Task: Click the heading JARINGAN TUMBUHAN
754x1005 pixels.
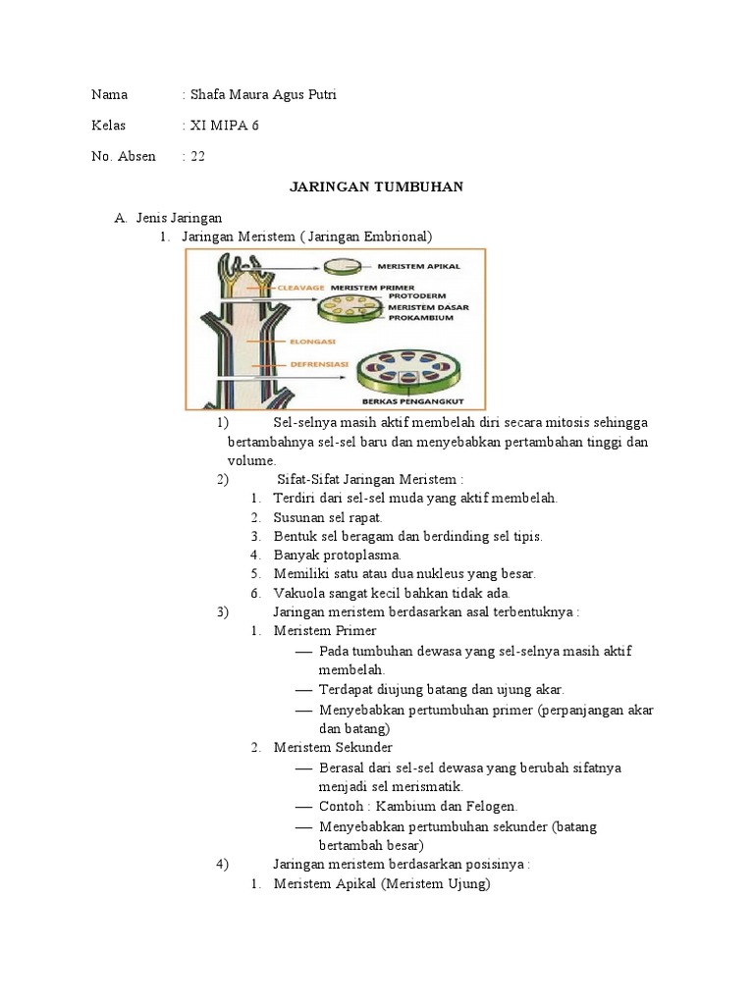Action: tap(376, 186)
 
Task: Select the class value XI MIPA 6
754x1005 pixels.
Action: tap(225, 125)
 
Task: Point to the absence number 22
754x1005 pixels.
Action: tap(197, 156)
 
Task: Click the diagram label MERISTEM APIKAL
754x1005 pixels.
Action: tap(418, 266)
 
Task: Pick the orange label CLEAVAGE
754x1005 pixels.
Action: tap(300, 288)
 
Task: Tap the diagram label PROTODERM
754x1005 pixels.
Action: tap(416, 296)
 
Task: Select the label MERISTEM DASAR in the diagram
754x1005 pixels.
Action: tap(428, 307)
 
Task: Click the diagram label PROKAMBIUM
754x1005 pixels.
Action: tap(420, 317)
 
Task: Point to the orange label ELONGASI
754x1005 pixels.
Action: tap(312, 342)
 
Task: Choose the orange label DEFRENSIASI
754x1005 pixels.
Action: tap(319, 364)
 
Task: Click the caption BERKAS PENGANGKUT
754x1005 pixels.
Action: tap(413, 401)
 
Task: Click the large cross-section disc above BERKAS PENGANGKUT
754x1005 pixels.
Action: tap(409, 372)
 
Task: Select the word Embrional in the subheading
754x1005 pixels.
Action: tap(398, 237)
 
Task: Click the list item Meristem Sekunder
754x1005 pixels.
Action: tap(333, 747)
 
